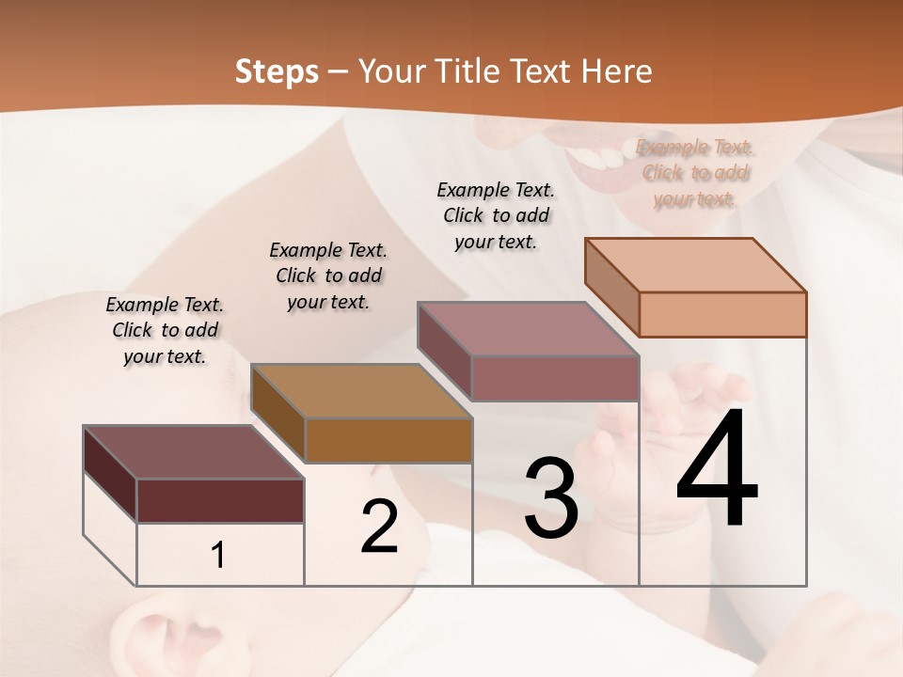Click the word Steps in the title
(277, 71)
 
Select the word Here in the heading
(617, 71)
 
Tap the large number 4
(717, 470)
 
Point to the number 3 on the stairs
(550, 498)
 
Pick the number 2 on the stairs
(380, 527)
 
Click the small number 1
(218, 556)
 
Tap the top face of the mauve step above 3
(528, 329)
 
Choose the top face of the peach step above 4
(695, 265)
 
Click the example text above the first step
(165, 330)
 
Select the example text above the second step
(328, 276)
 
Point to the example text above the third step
(496, 215)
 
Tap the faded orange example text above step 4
(694, 173)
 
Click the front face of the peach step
(722, 314)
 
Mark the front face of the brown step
(388, 440)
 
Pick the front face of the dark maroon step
(220, 500)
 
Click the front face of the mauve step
(555, 378)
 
